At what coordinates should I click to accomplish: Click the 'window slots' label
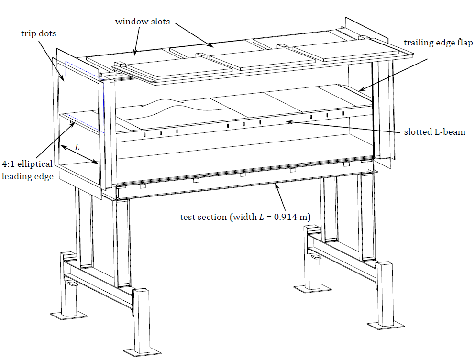[x=143, y=22]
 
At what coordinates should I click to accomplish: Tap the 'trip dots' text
[x=38, y=33]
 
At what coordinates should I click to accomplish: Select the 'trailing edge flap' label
[x=438, y=43]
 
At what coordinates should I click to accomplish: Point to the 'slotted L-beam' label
[x=434, y=132]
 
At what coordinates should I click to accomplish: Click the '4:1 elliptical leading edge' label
[x=28, y=170]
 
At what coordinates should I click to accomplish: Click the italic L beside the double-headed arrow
[x=77, y=147]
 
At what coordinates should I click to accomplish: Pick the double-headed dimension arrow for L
[x=79, y=154]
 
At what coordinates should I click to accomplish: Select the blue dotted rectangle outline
[x=85, y=97]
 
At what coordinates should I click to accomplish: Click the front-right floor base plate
[x=386, y=324]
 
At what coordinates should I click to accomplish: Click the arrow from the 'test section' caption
[x=280, y=197]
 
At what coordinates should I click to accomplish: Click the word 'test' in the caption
[x=187, y=218]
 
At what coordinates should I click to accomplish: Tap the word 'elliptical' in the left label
[x=35, y=164]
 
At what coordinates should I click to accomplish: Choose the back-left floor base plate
[x=69, y=316]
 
